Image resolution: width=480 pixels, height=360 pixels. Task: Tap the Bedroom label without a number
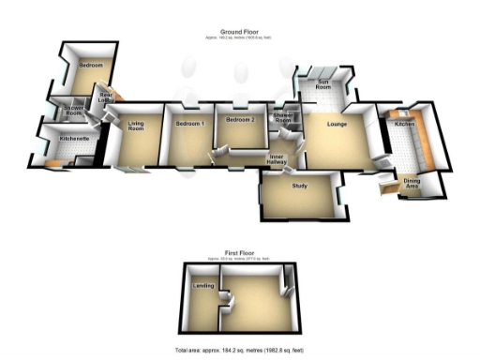(91, 66)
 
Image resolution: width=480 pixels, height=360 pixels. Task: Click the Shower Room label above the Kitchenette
(74, 112)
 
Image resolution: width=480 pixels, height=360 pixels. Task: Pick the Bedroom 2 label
(240, 122)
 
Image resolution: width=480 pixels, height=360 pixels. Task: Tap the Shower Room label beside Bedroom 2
(283, 118)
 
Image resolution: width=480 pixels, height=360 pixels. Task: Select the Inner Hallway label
(277, 159)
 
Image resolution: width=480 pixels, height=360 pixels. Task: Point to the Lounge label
(337, 123)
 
